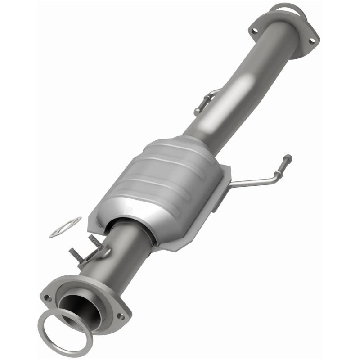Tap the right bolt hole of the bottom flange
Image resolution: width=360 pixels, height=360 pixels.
pyautogui.click(x=120, y=316)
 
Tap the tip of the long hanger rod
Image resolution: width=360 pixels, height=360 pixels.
pyautogui.click(x=287, y=158)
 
